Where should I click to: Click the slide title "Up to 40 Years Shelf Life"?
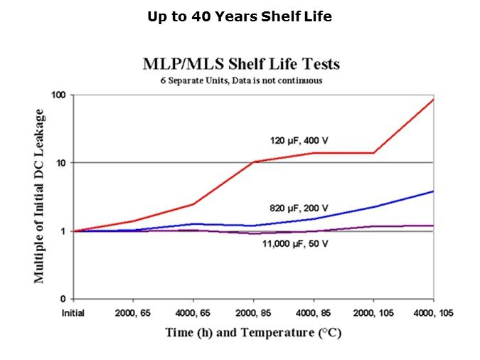click(x=240, y=16)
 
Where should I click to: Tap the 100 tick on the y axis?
click(x=60, y=95)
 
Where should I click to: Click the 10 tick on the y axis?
click(x=62, y=163)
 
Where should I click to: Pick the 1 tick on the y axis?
click(x=64, y=231)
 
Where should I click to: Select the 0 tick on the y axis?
click(x=64, y=299)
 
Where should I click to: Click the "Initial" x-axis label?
click(x=74, y=312)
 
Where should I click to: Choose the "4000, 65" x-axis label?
click(x=194, y=312)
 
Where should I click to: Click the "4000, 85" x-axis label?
click(x=314, y=312)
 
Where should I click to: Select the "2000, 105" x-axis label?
click(x=373, y=312)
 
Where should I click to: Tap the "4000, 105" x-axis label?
click(x=433, y=312)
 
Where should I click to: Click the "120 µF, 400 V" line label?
click(x=299, y=139)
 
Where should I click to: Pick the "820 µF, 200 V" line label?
click(x=299, y=208)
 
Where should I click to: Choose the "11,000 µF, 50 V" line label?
click(x=293, y=244)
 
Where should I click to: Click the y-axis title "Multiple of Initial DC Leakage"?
click(x=40, y=196)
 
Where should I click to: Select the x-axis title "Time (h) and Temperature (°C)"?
click(x=254, y=333)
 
